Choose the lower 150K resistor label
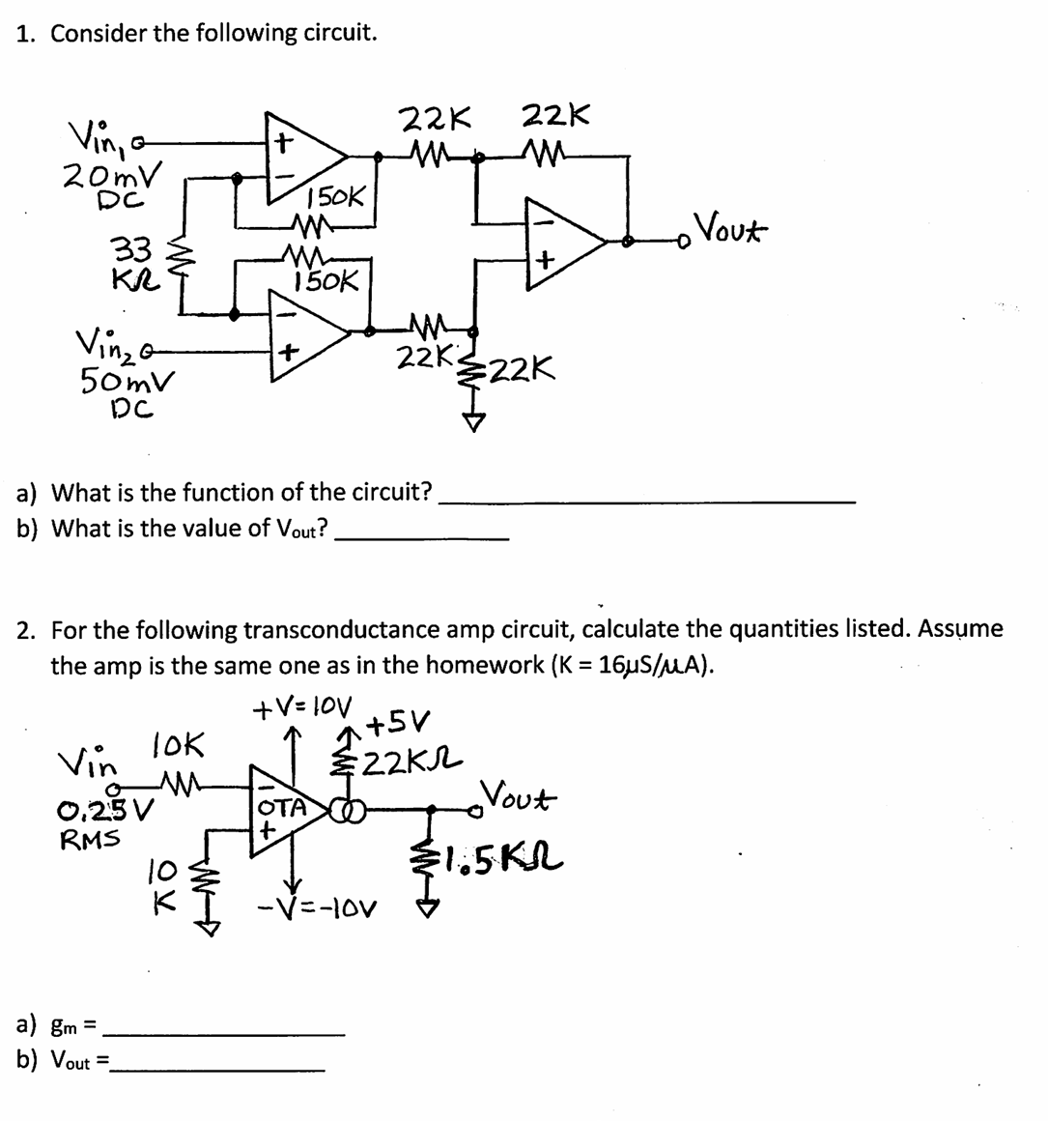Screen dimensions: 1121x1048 (x=326, y=282)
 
